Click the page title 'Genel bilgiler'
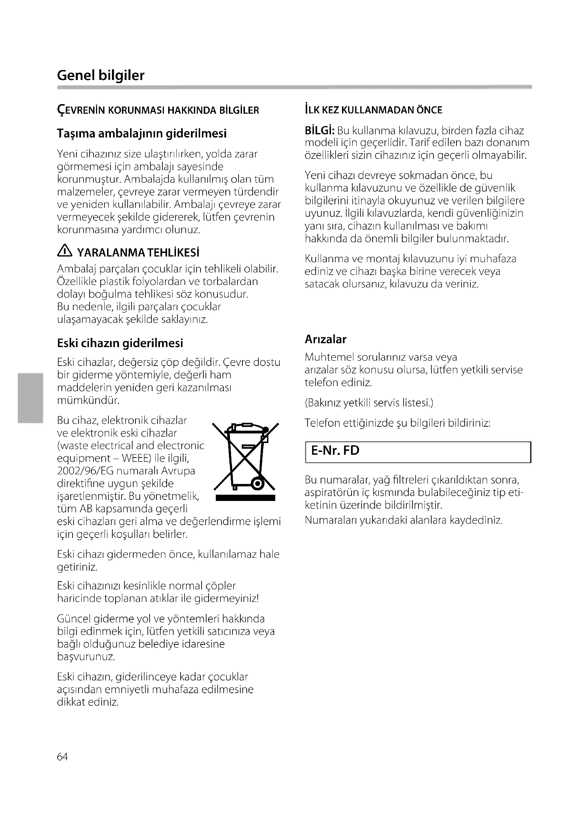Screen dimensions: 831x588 pyautogui.click(x=101, y=75)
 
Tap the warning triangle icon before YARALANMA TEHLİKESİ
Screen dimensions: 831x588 pyautogui.click(x=65, y=251)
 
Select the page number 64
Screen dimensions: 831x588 pyautogui.click(x=62, y=757)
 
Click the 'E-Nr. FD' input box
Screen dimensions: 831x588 pyautogui.click(x=418, y=452)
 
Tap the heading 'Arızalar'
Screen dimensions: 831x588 pyautogui.click(x=325, y=339)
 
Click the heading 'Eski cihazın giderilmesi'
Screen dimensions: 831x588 pyautogui.click(x=120, y=343)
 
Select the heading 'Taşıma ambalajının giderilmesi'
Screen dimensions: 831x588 pyautogui.click(x=141, y=134)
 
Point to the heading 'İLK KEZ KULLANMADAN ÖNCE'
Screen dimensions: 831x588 pyautogui.click(x=373, y=110)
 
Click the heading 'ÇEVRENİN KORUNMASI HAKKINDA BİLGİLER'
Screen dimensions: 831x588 pyautogui.click(x=158, y=110)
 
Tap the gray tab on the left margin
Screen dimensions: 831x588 pyautogui.click(x=30, y=398)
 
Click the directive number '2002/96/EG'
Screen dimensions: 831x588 pyautogui.click(x=86, y=471)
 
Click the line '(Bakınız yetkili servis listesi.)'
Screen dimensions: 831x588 pyautogui.click(x=369, y=403)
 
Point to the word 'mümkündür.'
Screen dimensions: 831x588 pyautogui.click(x=88, y=400)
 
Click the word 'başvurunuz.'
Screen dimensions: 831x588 pyautogui.click(x=86, y=657)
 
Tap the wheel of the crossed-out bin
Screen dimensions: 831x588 pyautogui.click(x=257, y=484)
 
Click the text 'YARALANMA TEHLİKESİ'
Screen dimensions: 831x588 pyautogui.click(x=138, y=253)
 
